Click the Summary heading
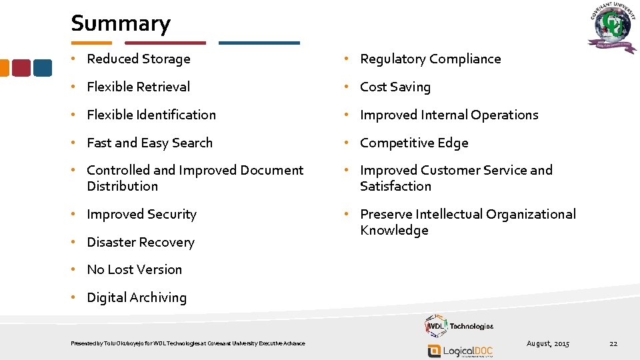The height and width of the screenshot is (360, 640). tap(121, 24)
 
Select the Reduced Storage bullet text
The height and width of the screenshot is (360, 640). tap(139, 59)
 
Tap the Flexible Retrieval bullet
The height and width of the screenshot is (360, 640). tap(138, 87)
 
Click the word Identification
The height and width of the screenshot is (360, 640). tap(176, 115)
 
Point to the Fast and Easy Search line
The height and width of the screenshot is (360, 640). tap(149, 143)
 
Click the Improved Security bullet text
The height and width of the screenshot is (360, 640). tap(141, 215)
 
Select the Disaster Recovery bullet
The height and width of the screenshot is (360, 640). tap(140, 243)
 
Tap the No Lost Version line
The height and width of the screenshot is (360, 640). tap(134, 270)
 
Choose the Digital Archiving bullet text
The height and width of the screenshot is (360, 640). tap(137, 298)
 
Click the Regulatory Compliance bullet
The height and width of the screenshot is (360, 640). tap(430, 59)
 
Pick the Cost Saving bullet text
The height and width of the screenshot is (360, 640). tap(395, 87)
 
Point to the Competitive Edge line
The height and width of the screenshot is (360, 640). tap(414, 143)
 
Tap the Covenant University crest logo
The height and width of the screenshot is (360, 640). tap(611, 29)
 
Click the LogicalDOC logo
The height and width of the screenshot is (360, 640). tap(460, 351)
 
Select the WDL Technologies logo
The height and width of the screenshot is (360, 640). tap(459, 326)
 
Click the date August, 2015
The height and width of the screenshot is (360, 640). tap(548, 343)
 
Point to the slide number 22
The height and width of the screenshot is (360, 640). tap(613, 343)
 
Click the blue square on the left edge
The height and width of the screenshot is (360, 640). tap(43, 68)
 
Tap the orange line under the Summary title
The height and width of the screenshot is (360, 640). tap(91, 43)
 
